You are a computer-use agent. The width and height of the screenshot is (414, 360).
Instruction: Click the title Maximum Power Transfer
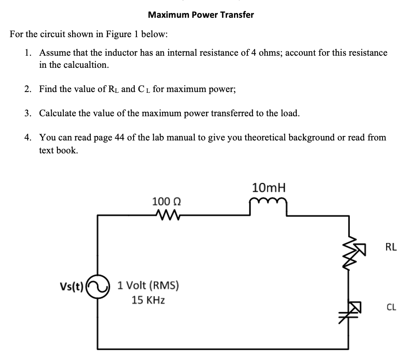(201, 15)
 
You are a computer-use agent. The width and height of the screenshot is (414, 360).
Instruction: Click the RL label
(391, 247)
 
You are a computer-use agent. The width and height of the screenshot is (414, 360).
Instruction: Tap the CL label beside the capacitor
(391, 308)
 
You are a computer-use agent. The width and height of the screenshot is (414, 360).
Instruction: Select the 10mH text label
(269, 188)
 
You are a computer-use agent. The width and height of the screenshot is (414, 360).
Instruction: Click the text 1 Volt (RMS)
(148, 286)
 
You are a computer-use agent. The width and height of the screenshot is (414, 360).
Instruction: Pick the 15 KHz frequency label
(148, 300)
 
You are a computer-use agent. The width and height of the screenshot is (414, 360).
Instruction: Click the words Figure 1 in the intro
(122, 34)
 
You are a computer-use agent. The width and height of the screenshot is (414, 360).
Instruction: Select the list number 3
(27, 113)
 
